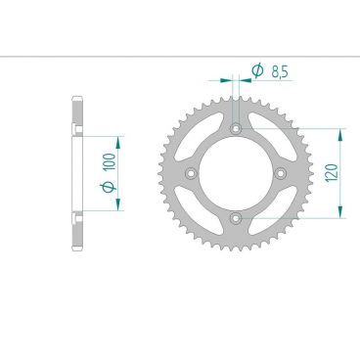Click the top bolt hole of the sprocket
click(x=235, y=128)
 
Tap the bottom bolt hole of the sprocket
click(x=235, y=216)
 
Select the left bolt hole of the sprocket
click(x=191, y=172)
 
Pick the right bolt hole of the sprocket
click(x=280, y=172)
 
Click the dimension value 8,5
click(x=279, y=70)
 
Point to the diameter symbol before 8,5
click(x=256, y=70)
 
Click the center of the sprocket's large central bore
click(x=235, y=172)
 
